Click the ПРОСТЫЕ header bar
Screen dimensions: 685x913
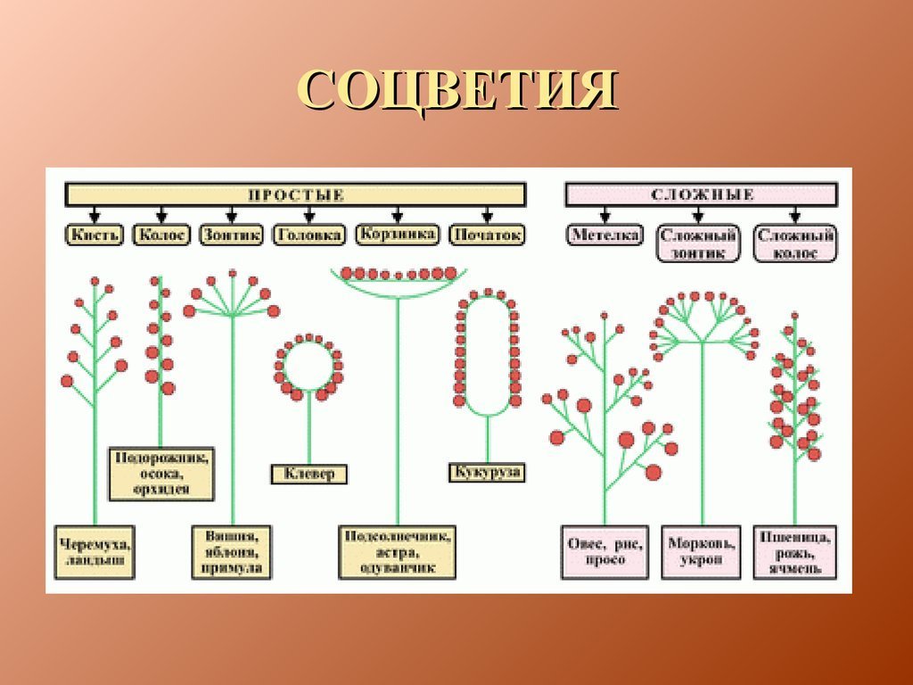295,194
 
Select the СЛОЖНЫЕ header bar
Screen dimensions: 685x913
701,194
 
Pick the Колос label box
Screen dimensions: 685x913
161,235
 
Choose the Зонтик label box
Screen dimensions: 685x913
232,235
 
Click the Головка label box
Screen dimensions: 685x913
308,235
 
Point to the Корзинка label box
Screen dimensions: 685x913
397,235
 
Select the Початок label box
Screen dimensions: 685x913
487,235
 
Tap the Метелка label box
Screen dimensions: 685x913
605,235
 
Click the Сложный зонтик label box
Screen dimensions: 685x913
699,243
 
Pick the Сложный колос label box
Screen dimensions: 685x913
794,243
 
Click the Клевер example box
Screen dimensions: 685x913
309,474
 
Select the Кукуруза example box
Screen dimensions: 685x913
486,472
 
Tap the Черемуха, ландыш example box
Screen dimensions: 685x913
94,550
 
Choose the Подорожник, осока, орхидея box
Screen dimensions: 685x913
161,473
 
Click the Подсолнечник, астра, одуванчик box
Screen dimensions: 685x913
398,550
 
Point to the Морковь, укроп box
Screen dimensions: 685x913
700,550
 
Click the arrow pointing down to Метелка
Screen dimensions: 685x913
605,215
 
